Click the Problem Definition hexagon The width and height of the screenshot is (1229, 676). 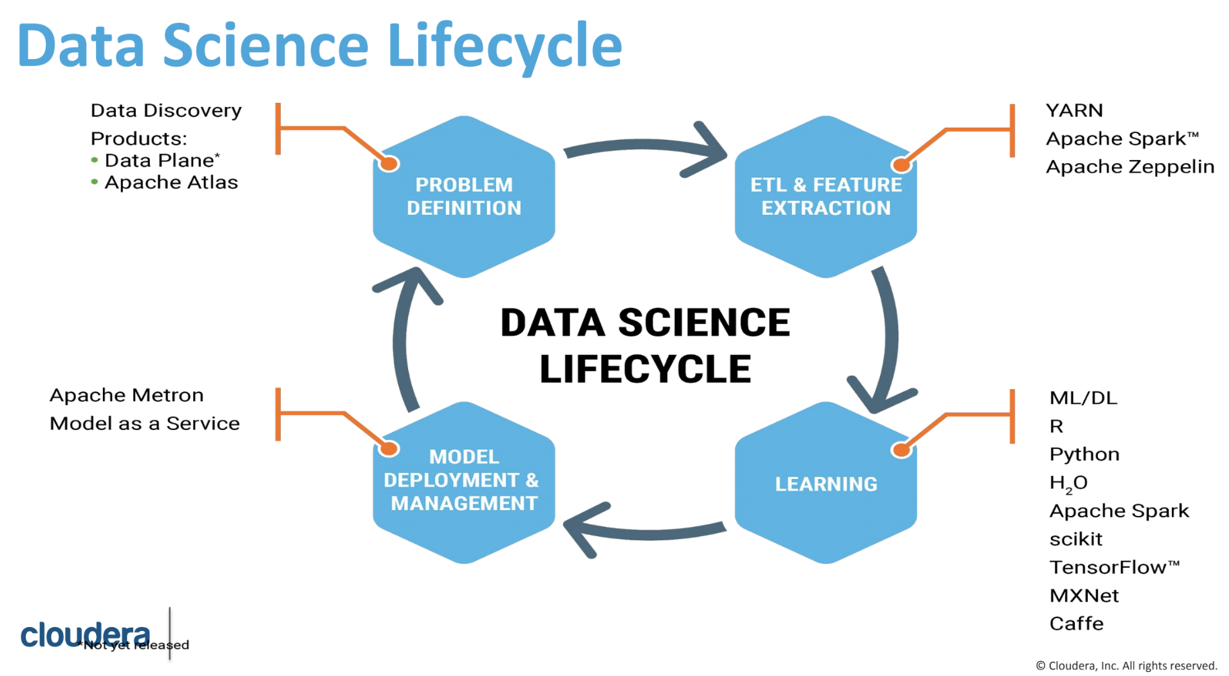pos(464,196)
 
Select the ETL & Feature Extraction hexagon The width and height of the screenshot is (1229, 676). pos(826,196)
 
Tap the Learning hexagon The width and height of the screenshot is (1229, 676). pos(826,484)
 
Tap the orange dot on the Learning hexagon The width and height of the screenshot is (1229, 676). pos(901,450)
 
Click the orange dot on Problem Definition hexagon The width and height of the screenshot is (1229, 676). pos(389,163)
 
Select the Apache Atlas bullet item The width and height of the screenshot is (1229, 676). pos(171,183)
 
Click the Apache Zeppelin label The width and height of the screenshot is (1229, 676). pos(1129,167)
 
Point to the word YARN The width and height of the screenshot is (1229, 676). pos(1074,110)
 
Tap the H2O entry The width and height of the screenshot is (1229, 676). pos(1068,483)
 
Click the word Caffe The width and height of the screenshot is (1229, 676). pos(1076,624)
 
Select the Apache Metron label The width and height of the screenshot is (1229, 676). pos(126,395)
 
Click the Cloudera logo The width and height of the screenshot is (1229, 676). pos(85,634)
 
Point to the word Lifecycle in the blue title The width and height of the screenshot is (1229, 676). pos(504,46)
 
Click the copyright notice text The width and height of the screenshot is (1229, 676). pos(1126,665)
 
